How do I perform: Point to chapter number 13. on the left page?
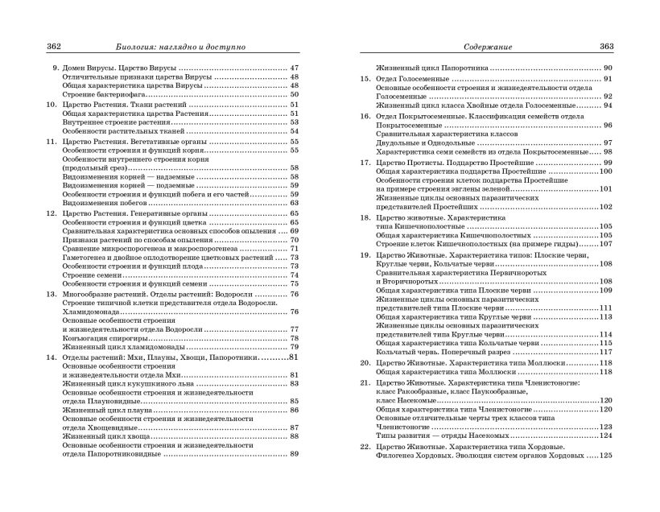51,294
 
